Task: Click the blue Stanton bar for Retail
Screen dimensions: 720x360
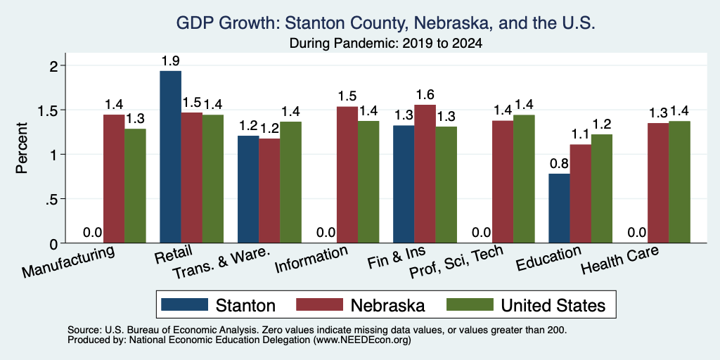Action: [170, 157]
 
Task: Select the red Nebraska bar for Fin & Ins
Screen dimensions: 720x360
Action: [425, 174]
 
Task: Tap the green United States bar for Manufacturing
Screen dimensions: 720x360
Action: [135, 186]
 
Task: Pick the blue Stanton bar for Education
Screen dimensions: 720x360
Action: [559, 208]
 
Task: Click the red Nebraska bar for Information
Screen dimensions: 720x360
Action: [347, 174]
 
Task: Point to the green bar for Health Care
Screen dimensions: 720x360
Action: [680, 182]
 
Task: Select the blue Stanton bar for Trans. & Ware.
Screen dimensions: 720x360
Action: [248, 189]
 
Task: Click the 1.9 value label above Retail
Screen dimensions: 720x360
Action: [170, 60]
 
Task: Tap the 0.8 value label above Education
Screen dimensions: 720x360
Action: [559, 163]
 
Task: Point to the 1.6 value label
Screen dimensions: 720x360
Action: [425, 95]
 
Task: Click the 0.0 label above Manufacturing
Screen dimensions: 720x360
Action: [93, 233]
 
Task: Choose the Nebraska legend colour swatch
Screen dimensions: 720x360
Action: [320, 304]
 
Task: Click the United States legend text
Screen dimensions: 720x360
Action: [553, 305]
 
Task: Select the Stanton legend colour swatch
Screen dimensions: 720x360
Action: [185, 304]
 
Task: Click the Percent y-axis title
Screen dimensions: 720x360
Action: [22, 148]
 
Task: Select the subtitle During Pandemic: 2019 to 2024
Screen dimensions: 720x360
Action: [386, 44]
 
